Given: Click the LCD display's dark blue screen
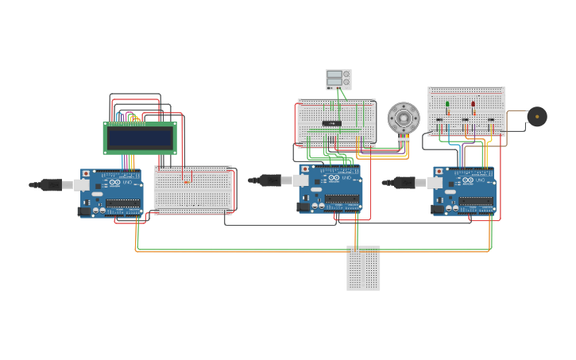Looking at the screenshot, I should (x=140, y=138).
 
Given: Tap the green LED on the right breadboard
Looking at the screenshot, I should (x=447, y=104).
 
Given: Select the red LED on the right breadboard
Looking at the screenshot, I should (x=473, y=104).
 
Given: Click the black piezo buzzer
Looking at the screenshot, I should (x=537, y=117).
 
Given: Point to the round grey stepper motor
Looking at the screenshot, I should (x=404, y=118).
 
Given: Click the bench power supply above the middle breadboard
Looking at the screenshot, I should (x=338, y=79).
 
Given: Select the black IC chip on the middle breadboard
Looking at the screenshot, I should (x=332, y=123).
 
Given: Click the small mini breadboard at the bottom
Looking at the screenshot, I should (x=363, y=268).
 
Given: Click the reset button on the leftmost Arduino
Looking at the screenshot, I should (x=86, y=173).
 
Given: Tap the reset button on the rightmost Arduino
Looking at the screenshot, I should (x=439, y=171).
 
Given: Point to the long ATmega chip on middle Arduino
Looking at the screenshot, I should (x=342, y=199).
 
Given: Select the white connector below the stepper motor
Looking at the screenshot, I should (x=404, y=139).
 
